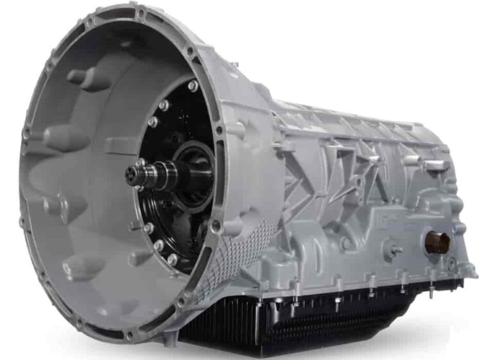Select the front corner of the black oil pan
(193, 334)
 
